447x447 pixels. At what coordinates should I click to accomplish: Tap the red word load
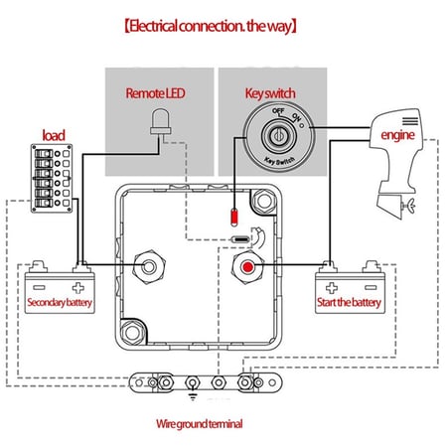click(x=54, y=134)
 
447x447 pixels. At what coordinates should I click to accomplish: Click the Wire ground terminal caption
click(x=199, y=423)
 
